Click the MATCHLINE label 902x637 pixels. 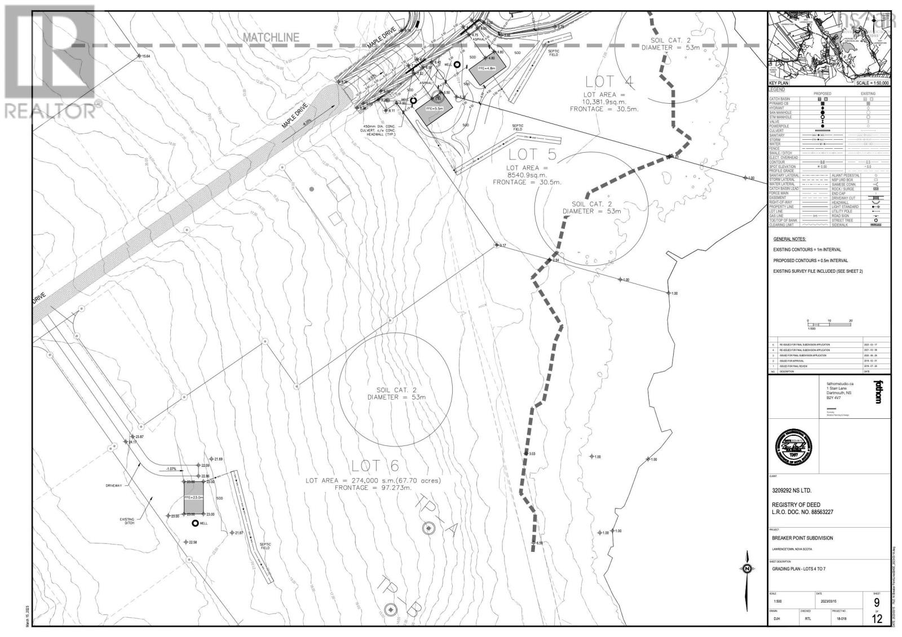tap(271, 37)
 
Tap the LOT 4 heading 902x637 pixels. tap(609, 82)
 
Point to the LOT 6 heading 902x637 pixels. tap(375, 466)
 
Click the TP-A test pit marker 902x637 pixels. tap(430, 528)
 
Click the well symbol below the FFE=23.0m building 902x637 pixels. tap(195, 524)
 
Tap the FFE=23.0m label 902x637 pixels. tap(193, 498)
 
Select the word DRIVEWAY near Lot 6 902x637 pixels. tap(115, 485)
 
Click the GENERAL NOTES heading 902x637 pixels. tap(789, 240)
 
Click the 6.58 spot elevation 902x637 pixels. tap(540, 543)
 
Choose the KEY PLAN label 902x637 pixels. tap(779, 83)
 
